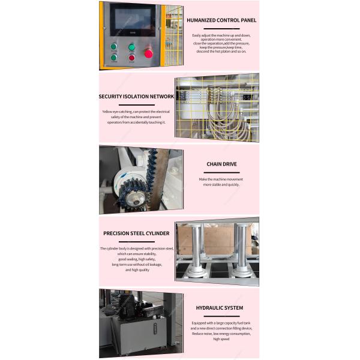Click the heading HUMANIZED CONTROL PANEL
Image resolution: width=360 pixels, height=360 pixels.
(x=221, y=20)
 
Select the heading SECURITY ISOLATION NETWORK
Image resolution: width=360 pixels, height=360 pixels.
(x=136, y=96)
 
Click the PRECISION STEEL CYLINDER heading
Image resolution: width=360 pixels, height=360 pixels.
(x=136, y=233)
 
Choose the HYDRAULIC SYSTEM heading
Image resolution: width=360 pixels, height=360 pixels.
(x=220, y=308)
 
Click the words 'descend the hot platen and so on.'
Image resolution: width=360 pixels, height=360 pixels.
(x=220, y=52)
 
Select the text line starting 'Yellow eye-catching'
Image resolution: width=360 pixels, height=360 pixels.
(x=136, y=112)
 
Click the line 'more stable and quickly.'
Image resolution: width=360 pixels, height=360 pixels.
(x=220, y=185)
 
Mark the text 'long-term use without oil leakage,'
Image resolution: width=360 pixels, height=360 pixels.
(x=136, y=264)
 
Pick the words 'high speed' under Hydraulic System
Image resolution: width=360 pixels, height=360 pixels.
(x=220, y=339)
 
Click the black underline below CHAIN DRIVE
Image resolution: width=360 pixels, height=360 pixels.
(x=220, y=169)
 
